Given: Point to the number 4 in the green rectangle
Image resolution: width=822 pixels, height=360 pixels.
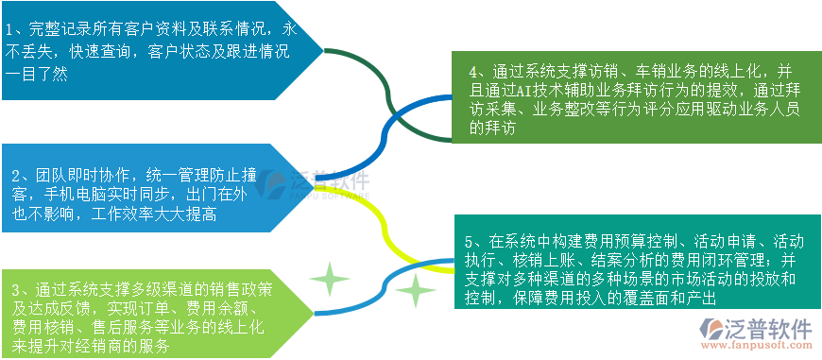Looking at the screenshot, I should coord(475,71).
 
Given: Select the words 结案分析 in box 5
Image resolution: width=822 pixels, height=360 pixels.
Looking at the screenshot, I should coord(618,259).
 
